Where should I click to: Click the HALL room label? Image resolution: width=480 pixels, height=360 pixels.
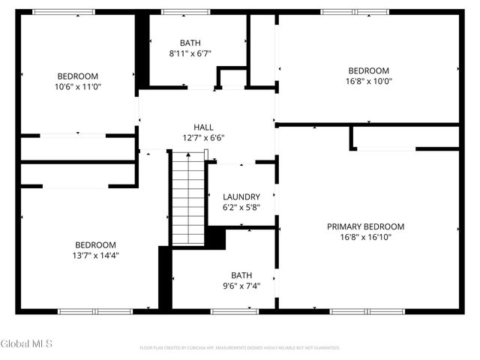pos(203,127)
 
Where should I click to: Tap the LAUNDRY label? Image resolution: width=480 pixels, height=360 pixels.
pos(241,197)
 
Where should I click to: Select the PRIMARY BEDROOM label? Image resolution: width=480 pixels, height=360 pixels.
pos(365,226)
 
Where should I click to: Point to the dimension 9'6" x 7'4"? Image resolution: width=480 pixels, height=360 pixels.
pos(241,286)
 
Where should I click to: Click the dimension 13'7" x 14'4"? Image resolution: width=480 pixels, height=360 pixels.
pos(96,256)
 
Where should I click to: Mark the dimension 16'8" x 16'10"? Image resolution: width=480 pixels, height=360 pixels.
pos(365,237)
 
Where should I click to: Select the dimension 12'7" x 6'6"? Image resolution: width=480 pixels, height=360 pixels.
pos(203,138)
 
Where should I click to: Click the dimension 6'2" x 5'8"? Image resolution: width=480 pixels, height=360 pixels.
pos(241,208)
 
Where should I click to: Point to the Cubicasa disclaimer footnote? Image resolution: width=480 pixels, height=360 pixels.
pos(240,348)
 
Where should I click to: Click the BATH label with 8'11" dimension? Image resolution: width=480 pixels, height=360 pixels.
pos(190,43)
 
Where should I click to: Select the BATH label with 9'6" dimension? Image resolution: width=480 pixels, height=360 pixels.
pos(241,275)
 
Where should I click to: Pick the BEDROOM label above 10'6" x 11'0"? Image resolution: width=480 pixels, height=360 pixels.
pos(78,76)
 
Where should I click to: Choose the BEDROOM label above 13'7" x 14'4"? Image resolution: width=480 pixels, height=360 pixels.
pos(95,245)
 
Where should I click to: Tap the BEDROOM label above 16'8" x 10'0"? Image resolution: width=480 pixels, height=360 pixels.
pos(368,71)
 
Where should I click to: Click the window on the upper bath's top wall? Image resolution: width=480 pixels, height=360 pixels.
pos(185,12)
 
